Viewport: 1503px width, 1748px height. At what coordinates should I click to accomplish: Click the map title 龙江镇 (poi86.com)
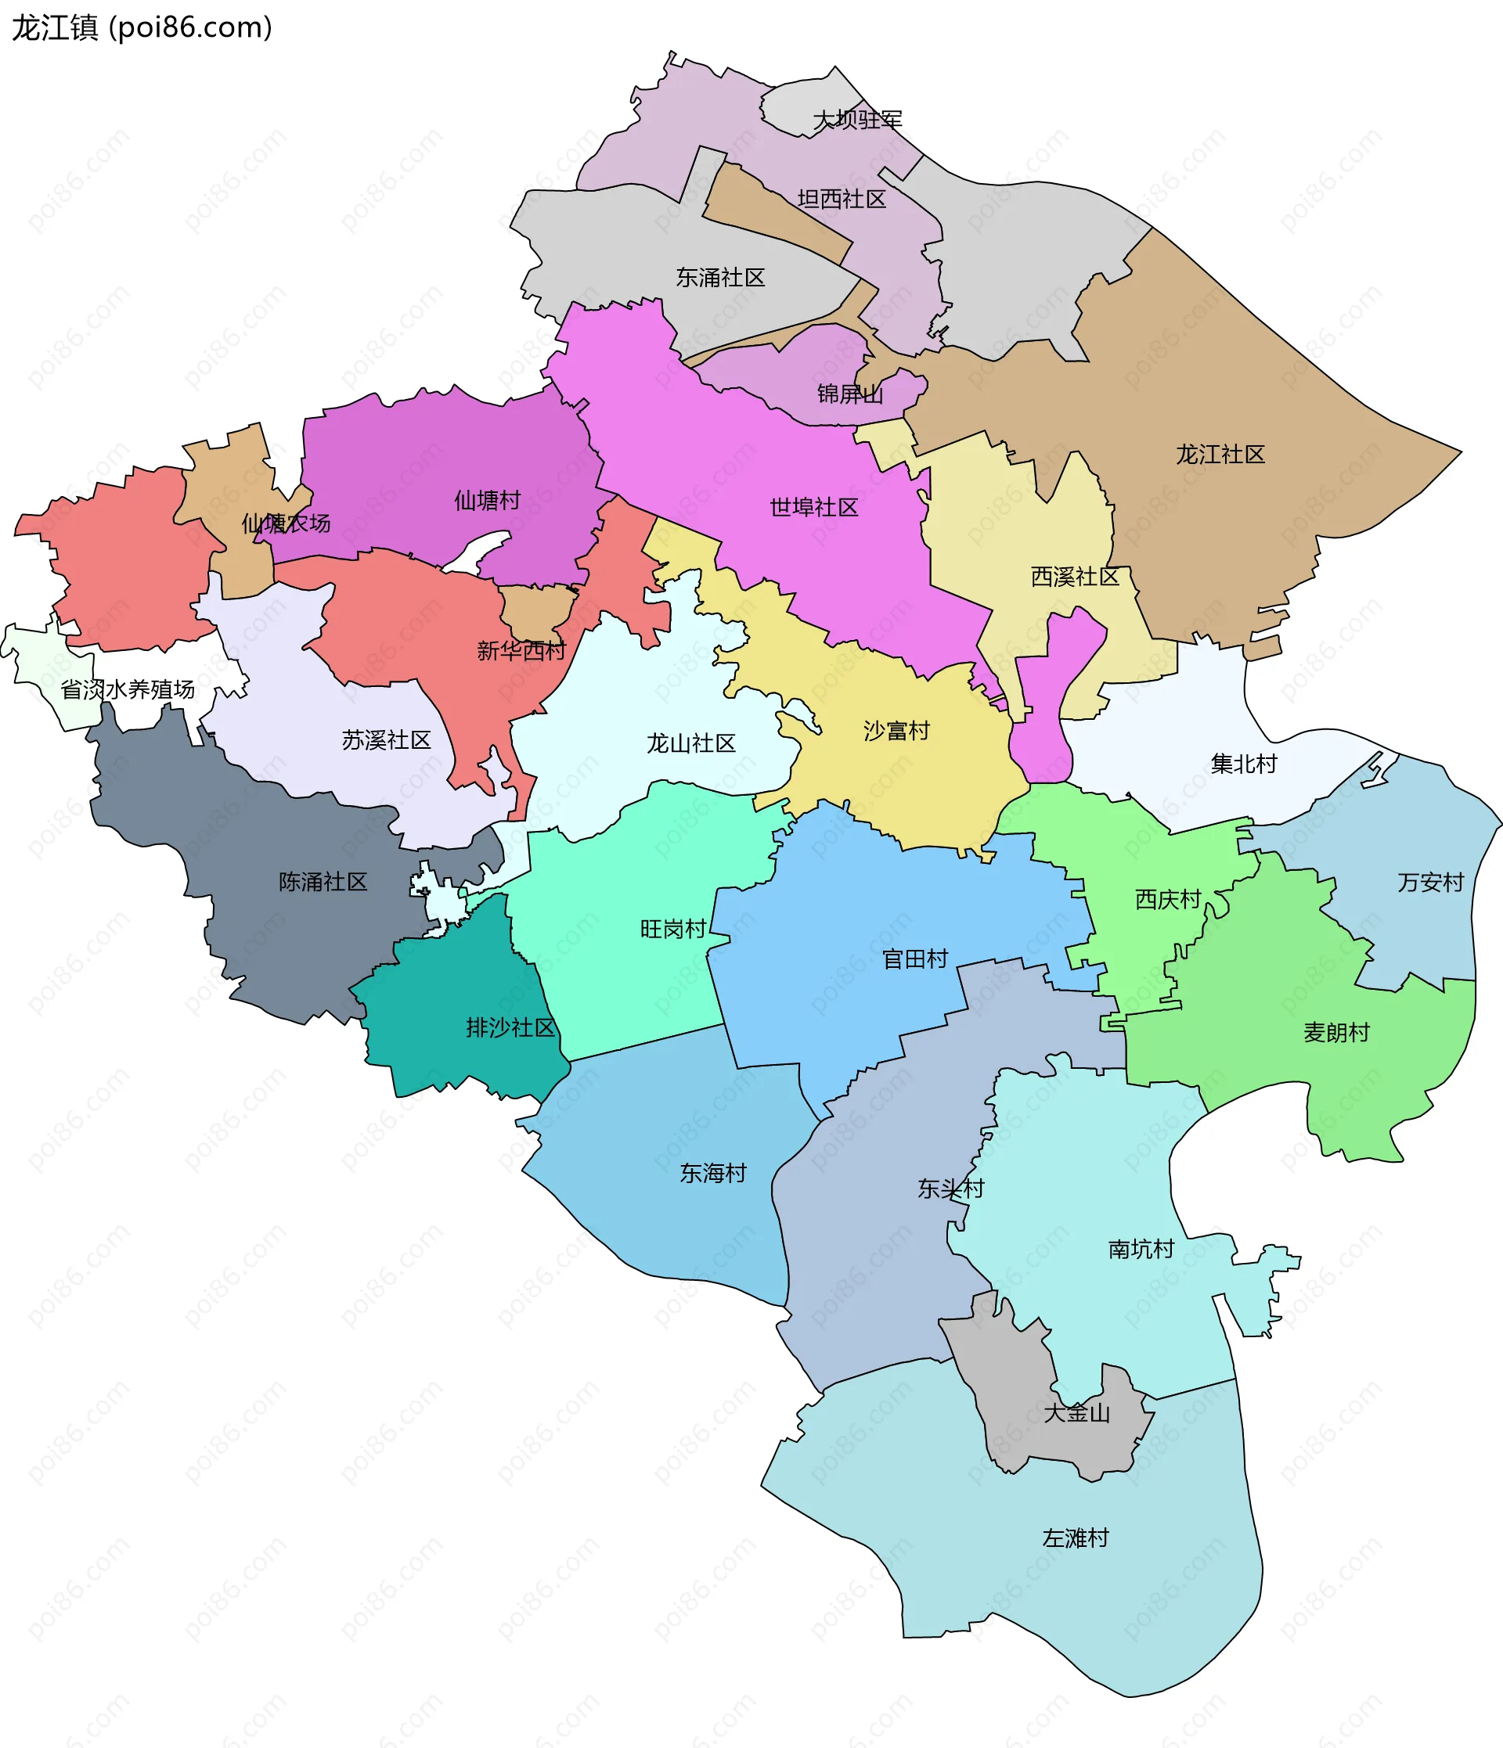[x=142, y=28]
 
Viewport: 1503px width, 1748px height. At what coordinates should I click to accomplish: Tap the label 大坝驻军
[x=856, y=120]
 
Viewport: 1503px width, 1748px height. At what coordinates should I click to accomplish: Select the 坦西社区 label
[x=842, y=199]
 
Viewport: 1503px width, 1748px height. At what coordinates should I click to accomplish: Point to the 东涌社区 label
[x=720, y=278]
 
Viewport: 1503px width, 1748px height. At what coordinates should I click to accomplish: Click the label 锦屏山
[x=850, y=394]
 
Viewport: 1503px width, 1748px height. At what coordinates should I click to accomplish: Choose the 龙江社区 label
[x=1220, y=455]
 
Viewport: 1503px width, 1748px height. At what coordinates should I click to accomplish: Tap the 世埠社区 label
[x=813, y=507]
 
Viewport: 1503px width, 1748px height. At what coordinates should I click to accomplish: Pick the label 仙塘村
[x=487, y=500]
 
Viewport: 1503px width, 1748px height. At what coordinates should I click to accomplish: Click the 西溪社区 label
[x=1074, y=577]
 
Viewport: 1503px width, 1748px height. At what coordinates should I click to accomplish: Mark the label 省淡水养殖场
[x=128, y=689]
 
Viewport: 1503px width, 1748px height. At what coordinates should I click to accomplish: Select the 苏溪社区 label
[x=386, y=740]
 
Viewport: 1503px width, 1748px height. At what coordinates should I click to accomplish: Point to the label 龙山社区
[x=690, y=743]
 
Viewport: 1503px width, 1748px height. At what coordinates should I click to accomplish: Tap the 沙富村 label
[x=896, y=731]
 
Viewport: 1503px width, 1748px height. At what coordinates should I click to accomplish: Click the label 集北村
[x=1243, y=764]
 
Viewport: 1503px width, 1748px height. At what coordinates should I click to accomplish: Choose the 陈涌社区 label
[x=323, y=882]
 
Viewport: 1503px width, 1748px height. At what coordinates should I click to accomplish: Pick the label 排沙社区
[x=510, y=1027]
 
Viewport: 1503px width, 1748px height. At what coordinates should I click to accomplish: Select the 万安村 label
[x=1429, y=883]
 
